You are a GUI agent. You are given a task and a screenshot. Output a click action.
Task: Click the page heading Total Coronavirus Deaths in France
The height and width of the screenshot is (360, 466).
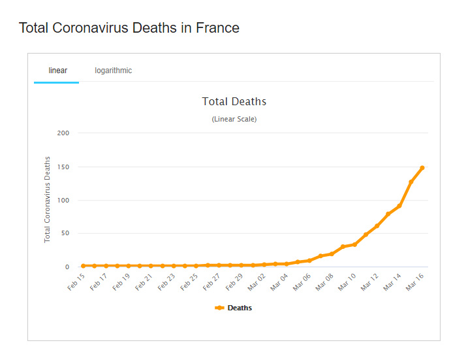point(129,28)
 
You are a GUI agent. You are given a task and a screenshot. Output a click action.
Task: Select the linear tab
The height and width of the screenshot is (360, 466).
point(57,71)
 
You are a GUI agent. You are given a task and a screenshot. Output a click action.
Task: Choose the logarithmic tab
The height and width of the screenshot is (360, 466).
point(113,71)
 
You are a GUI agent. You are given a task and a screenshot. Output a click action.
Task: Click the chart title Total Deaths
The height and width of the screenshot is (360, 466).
point(234,101)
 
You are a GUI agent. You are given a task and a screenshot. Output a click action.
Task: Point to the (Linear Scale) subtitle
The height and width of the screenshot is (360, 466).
point(234,119)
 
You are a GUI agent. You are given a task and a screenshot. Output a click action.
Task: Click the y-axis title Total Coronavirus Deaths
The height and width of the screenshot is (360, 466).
point(47,199)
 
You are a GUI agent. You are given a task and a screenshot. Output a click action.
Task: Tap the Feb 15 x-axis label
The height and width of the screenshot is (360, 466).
point(76,282)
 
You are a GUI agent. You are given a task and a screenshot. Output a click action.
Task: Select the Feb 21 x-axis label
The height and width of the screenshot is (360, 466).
point(144,282)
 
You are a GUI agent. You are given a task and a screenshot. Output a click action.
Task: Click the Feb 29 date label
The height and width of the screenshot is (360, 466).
point(234,282)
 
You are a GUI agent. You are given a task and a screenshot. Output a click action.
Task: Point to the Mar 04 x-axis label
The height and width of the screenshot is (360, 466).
point(279,282)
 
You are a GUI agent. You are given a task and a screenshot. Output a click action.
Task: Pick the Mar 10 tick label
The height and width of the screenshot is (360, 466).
point(347,282)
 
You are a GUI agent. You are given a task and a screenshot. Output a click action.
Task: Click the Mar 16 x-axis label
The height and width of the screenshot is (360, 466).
point(414,282)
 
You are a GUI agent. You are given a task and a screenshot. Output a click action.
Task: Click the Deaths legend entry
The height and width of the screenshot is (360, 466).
point(234,308)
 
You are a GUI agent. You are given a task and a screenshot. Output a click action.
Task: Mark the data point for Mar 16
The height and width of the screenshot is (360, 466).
point(422,168)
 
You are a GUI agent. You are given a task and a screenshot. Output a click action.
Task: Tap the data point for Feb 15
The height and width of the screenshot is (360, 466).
point(83,266)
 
